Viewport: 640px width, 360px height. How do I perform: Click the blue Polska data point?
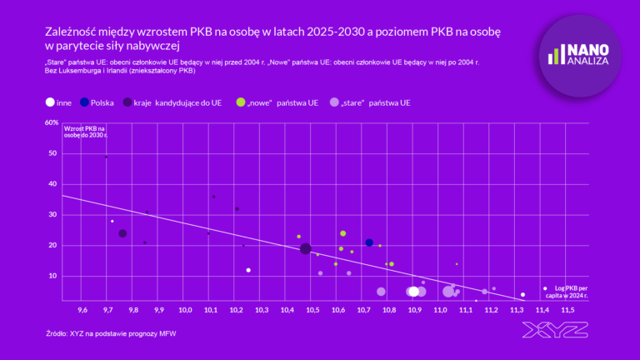coord(369,242)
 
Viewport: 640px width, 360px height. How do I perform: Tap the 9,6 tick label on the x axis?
coord(82,309)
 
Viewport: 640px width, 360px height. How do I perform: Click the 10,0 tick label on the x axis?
coord(185,309)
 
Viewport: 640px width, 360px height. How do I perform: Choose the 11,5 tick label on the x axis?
coord(567,309)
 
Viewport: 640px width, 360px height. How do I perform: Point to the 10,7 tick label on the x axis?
coord(363,309)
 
